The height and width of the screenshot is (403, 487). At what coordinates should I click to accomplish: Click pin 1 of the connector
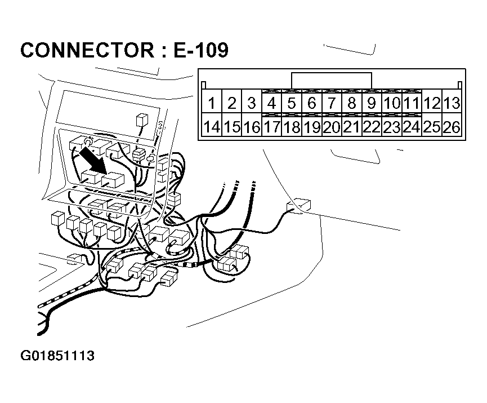pyautogui.click(x=212, y=103)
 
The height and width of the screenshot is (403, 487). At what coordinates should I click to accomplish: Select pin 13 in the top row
pyautogui.click(x=452, y=103)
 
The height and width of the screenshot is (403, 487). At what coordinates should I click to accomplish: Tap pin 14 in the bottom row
pyautogui.click(x=212, y=127)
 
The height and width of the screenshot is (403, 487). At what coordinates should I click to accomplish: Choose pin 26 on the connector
pyautogui.click(x=452, y=127)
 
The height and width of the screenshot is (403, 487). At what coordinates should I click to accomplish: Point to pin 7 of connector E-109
pyautogui.click(x=332, y=103)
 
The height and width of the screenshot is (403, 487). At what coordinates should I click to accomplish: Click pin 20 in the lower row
pyautogui.click(x=332, y=127)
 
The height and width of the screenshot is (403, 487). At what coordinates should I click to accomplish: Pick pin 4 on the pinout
pyautogui.click(x=272, y=103)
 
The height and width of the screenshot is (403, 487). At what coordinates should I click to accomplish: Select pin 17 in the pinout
pyautogui.click(x=272, y=127)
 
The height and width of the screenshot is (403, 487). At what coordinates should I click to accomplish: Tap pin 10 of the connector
pyautogui.click(x=392, y=103)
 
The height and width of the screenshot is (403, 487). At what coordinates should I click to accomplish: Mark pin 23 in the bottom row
pyautogui.click(x=392, y=127)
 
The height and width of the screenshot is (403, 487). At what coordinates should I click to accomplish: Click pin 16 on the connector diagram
pyautogui.click(x=252, y=127)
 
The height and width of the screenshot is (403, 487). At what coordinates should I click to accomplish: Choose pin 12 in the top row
pyautogui.click(x=432, y=103)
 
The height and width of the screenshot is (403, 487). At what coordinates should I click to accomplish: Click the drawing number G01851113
pyautogui.click(x=57, y=356)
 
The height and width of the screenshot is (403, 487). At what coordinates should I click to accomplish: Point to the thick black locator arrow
pyautogui.click(x=94, y=159)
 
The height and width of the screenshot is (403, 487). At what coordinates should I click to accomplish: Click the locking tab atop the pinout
pyautogui.click(x=332, y=81)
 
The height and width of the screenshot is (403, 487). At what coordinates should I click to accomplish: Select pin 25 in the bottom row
pyautogui.click(x=432, y=127)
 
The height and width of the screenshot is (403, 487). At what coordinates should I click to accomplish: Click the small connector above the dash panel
pyautogui.click(x=141, y=121)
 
